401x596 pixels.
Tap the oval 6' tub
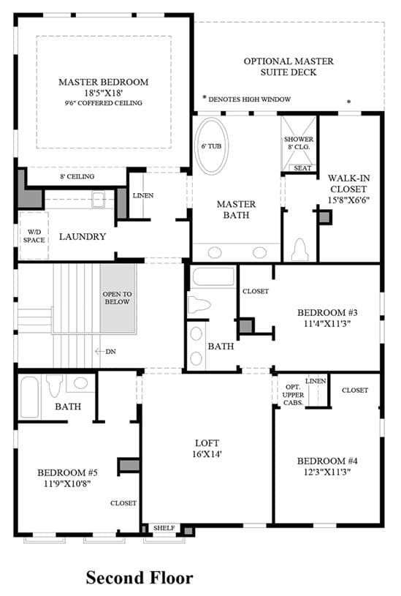point(212,146)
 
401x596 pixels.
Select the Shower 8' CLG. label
point(299,143)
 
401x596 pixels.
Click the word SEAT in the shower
point(302,168)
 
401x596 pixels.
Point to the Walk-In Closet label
point(348,189)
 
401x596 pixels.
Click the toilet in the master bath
point(300,249)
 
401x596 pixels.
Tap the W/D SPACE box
point(34,235)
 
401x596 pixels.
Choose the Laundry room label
point(83,236)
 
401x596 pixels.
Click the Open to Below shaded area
point(118,298)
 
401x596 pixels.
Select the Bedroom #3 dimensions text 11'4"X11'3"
point(327,324)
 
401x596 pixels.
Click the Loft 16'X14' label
point(207,448)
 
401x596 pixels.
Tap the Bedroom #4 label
point(327,461)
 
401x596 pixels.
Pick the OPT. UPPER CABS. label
point(293,395)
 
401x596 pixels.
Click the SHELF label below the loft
point(164,528)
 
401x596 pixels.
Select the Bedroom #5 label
point(68,473)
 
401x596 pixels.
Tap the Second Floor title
point(140,578)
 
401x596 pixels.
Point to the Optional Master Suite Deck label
point(289,67)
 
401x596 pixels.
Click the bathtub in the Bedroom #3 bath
point(213,276)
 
